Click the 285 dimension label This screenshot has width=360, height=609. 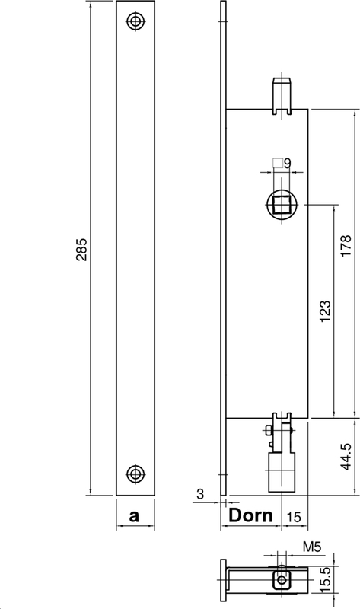[x=82, y=252]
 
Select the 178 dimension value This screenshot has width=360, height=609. [x=346, y=248]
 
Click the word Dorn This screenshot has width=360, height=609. [x=252, y=515]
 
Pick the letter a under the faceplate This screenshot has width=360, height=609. [x=135, y=515]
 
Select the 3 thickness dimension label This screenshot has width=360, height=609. [x=200, y=495]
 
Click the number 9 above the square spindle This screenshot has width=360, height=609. [x=288, y=162]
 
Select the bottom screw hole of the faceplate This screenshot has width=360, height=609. [x=135, y=473]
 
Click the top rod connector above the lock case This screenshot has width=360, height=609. [x=282, y=94]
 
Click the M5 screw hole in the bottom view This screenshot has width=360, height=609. [x=282, y=581]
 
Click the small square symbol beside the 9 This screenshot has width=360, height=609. [x=278, y=162]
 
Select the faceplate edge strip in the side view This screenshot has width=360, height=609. [x=223, y=251]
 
